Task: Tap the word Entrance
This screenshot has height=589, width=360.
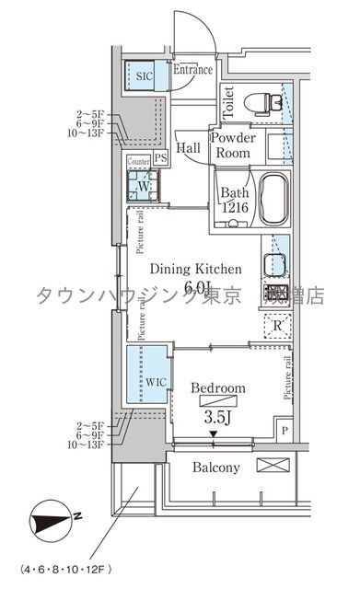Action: point(192,69)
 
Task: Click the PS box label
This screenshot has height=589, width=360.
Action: point(161,158)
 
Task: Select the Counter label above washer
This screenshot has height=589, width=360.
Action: point(138,162)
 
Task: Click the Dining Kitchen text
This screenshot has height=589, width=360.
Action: point(195,270)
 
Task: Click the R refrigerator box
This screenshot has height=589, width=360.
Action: point(277,324)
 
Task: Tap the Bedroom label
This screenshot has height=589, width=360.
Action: point(217,389)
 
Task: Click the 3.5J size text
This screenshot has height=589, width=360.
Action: point(218,416)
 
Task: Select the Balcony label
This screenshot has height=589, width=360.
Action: point(215,468)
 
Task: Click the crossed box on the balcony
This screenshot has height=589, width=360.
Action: point(273,466)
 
